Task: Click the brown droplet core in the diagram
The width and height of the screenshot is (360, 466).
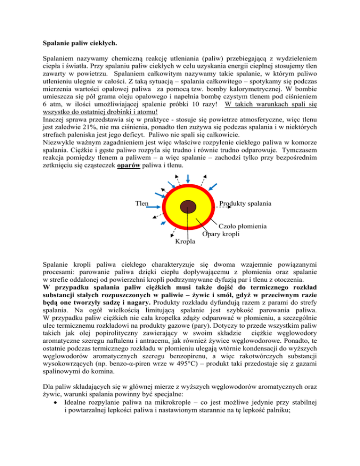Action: pyautogui.click(x=188, y=206)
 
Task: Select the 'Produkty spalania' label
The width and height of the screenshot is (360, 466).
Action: pyautogui.click(x=245, y=204)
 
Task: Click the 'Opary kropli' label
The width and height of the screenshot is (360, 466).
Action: pyautogui.click(x=221, y=234)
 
